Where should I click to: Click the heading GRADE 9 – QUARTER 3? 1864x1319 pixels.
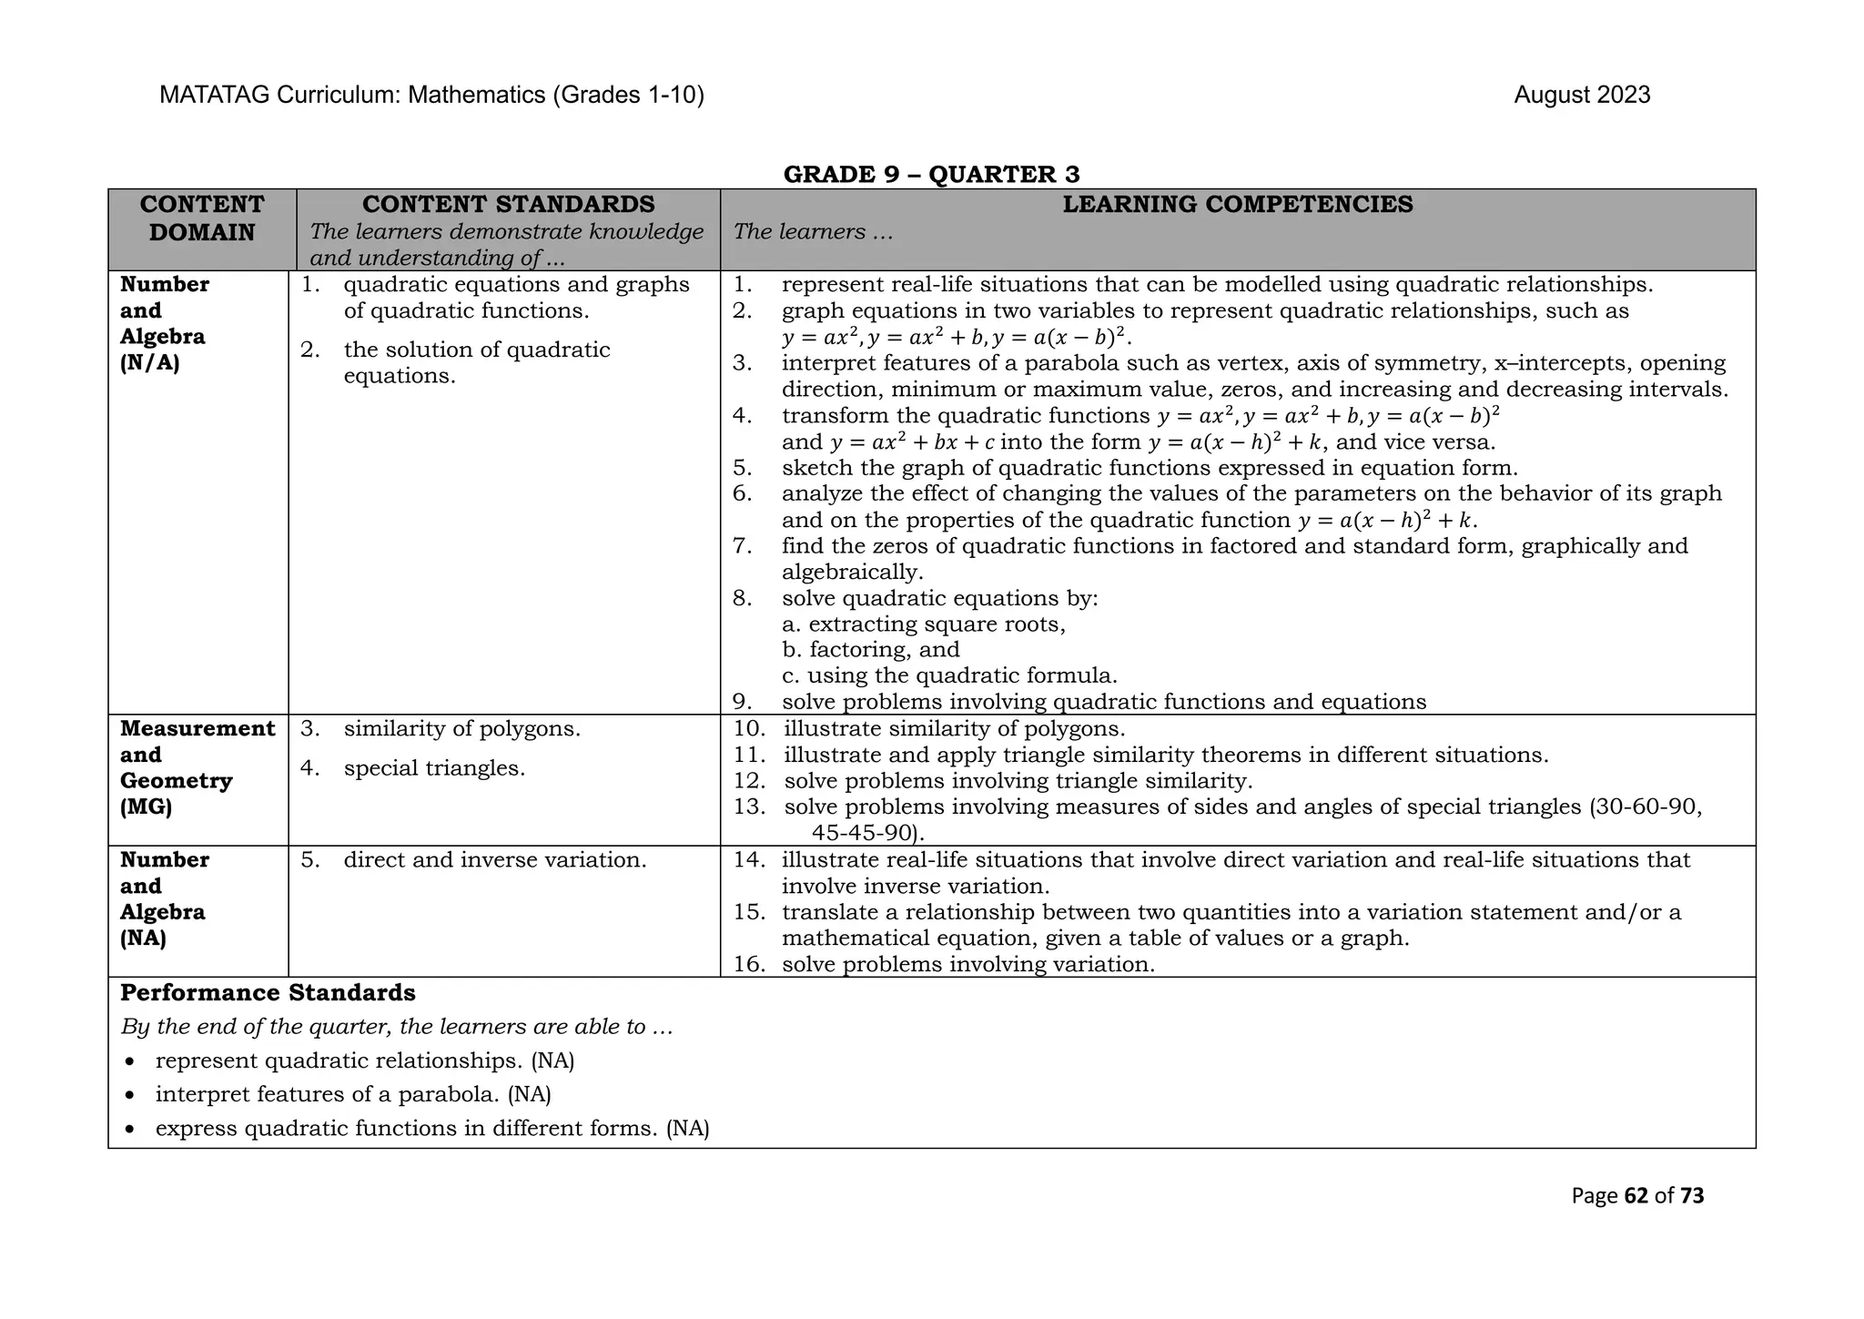click(931, 174)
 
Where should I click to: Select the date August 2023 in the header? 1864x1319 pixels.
click(1582, 96)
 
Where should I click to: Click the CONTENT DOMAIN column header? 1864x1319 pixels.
click(202, 218)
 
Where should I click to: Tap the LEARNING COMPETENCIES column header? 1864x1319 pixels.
click(1238, 205)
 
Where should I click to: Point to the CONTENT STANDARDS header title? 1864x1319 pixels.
click(508, 205)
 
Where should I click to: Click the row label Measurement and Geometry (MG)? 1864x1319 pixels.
click(197, 767)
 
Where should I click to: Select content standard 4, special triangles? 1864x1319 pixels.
click(433, 768)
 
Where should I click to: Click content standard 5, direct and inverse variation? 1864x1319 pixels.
click(494, 860)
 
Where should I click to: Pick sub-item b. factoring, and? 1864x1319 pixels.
click(871, 650)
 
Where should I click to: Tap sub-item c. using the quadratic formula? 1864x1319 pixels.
click(949, 676)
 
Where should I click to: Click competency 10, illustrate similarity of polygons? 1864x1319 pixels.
click(954, 729)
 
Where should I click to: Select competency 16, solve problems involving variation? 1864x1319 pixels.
click(967, 965)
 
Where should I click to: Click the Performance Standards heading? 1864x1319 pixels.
click(268, 993)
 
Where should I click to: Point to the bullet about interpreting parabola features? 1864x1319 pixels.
click(353, 1094)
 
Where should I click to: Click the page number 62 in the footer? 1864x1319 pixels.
click(1636, 1196)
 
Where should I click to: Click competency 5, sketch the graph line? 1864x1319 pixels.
click(1149, 469)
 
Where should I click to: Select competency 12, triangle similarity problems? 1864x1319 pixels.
click(1018, 781)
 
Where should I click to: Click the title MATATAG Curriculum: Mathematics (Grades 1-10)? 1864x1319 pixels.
click(431, 96)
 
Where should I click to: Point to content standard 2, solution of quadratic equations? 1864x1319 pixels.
click(476, 362)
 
